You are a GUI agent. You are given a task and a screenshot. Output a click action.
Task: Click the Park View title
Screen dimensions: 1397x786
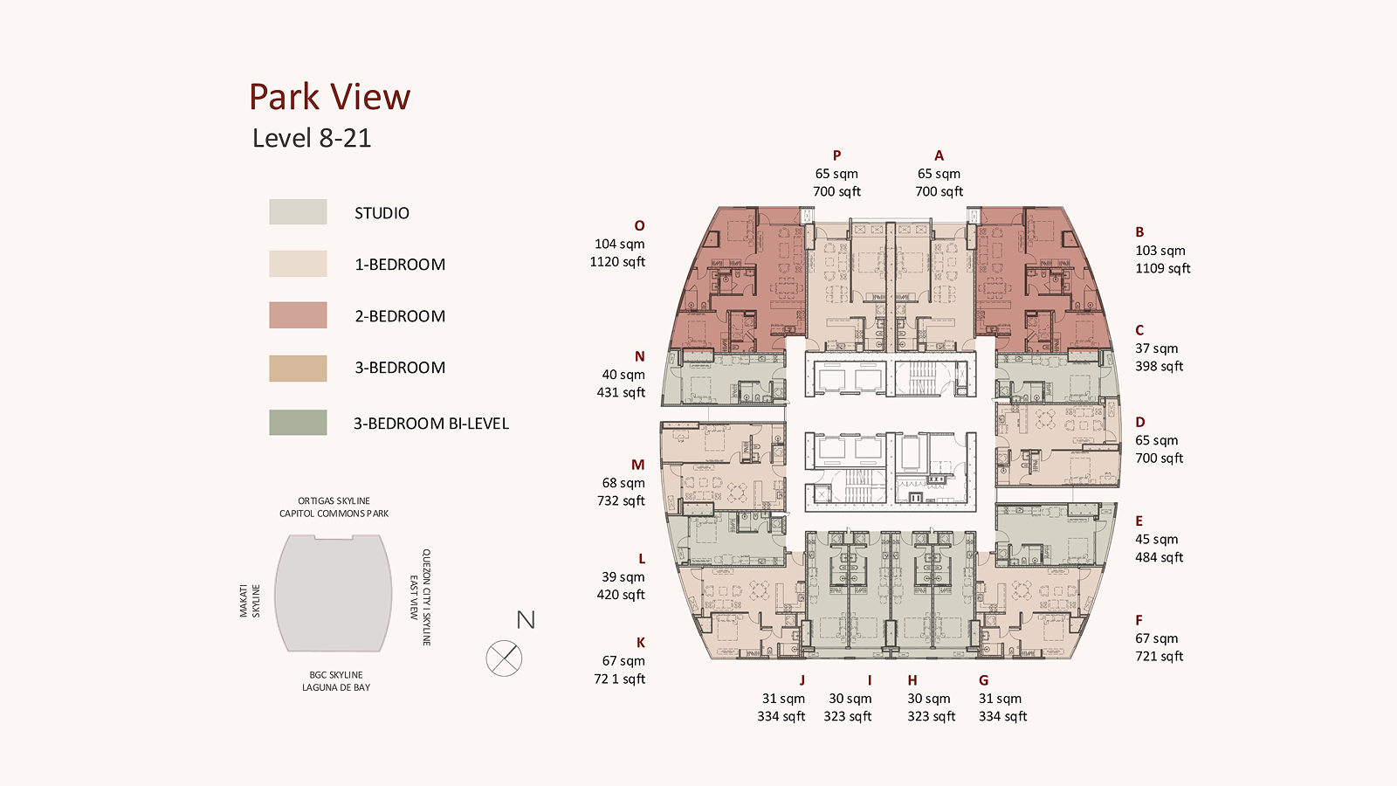[329, 97]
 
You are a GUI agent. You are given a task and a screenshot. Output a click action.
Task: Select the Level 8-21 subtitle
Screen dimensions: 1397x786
[312, 138]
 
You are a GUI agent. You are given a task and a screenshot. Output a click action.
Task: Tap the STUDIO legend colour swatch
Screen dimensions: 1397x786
[298, 212]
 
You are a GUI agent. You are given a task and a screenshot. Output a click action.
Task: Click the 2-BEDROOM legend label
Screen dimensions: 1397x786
[400, 316]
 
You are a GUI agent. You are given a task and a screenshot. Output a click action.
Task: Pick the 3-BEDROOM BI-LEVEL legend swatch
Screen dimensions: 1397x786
[298, 423]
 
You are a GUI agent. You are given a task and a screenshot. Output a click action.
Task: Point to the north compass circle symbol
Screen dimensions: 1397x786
[504, 658]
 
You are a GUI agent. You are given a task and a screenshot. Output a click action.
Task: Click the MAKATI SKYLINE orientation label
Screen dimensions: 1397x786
[250, 601]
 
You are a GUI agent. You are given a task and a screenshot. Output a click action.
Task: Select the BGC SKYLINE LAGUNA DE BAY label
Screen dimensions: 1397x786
[336, 681]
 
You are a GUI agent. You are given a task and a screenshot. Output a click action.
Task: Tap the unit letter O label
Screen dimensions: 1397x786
[639, 226]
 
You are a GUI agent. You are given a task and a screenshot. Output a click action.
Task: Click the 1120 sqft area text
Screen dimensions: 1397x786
[617, 262]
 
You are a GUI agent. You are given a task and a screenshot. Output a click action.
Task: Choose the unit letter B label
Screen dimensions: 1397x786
[1139, 232]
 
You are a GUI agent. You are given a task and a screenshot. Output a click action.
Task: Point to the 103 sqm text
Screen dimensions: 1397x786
[1160, 251]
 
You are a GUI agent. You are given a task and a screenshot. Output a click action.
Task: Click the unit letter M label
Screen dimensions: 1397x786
[637, 465]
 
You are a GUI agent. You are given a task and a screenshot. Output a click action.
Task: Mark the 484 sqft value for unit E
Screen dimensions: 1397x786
[1159, 558]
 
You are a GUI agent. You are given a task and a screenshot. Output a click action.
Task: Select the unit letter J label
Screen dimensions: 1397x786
[802, 680]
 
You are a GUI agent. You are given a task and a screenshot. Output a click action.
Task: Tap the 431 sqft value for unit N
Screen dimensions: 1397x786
[621, 393]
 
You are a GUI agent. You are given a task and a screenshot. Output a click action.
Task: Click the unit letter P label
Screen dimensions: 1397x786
[837, 155]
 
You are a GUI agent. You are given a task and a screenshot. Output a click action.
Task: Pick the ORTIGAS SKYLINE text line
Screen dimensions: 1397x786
[334, 501]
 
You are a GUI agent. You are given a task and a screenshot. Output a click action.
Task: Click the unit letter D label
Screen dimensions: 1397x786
[1140, 423]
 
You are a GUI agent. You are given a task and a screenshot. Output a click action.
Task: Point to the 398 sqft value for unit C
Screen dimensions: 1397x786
[1159, 367]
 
